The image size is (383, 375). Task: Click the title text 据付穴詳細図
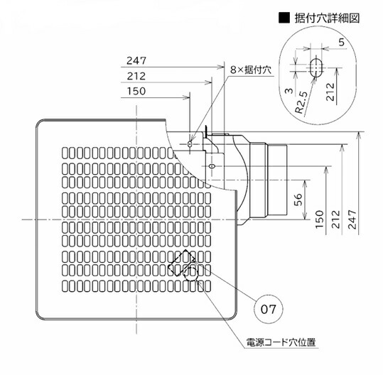tap(327, 18)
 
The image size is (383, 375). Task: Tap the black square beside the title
tap(284, 18)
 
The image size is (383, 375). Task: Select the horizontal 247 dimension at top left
tap(136, 61)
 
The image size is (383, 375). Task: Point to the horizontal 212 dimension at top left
tap(136, 76)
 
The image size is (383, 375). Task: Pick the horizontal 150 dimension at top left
tap(136, 92)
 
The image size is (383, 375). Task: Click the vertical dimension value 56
tap(298, 200)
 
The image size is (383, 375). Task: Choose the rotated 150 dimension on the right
tap(320, 219)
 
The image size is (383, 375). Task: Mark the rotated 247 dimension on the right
tap(352, 219)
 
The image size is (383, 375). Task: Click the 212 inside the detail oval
tap(330, 92)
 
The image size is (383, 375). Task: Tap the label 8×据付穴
tap(251, 70)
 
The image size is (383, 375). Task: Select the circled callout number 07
tap(268, 310)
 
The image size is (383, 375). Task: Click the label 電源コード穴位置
tap(281, 342)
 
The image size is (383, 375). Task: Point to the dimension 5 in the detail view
tap(342, 43)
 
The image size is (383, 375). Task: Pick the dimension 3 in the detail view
tap(289, 91)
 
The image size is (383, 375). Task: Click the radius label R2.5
tap(301, 102)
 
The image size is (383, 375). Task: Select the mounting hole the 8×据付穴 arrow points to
tap(190, 144)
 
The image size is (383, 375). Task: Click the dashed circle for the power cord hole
tap(192, 273)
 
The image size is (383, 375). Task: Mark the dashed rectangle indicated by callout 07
tap(182, 263)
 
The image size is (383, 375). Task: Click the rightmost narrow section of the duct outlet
tap(277, 180)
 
